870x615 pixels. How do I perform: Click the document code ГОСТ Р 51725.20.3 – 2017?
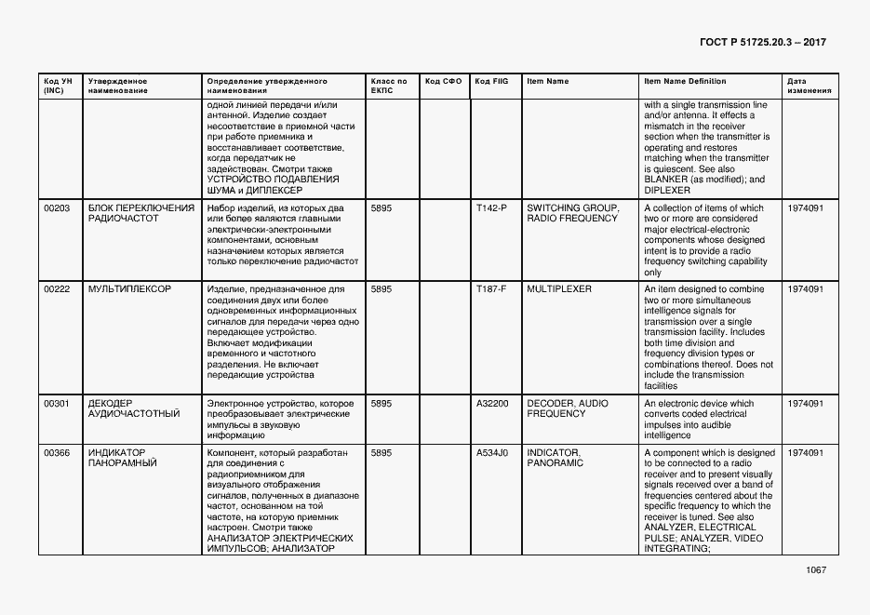[x=762, y=43]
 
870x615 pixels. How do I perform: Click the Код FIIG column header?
[x=490, y=82]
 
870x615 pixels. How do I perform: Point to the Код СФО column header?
[x=443, y=82]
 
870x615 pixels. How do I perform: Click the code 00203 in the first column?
[x=57, y=208]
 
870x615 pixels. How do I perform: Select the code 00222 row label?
[x=57, y=289]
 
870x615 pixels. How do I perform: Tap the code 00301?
[x=57, y=404]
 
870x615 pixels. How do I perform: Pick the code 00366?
[x=57, y=452]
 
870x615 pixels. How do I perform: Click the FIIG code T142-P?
[x=491, y=208]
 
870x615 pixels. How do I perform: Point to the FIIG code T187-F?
[x=491, y=289]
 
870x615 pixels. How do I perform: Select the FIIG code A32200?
[x=492, y=404]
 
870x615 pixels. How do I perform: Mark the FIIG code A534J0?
[x=492, y=452]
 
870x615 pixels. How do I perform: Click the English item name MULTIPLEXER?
[x=559, y=289]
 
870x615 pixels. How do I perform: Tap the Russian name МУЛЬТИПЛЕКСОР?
[x=129, y=289]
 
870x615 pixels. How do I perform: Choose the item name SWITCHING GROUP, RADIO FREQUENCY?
[x=572, y=213]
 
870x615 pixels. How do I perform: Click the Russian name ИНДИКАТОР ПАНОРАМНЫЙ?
[x=123, y=457]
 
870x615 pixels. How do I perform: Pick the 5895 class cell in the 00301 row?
[x=381, y=404]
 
